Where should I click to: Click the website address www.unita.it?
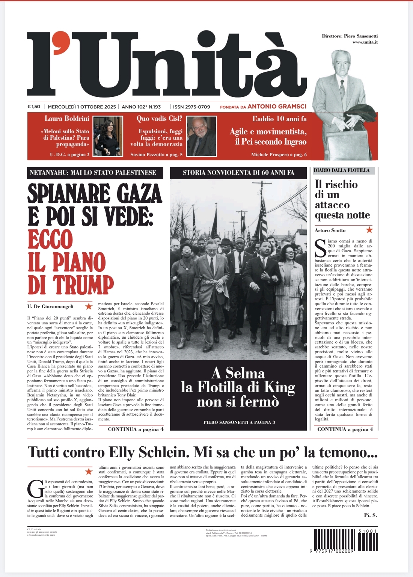pyautogui.click(x=365, y=42)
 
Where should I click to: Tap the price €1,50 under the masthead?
pyautogui.click(x=34, y=107)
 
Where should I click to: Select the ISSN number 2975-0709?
pyautogui.click(x=191, y=107)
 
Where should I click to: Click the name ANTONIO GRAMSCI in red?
pyautogui.click(x=277, y=107)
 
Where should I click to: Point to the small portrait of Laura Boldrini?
pyautogui.click(x=108, y=136)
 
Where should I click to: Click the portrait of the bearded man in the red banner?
pyautogui.click(x=202, y=136)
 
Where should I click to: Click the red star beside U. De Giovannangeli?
pyautogui.click(x=89, y=306)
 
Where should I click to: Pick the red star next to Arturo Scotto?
pyautogui.click(x=369, y=230)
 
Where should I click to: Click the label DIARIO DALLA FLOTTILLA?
pyautogui.click(x=342, y=170)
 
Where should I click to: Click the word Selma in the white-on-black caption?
pyautogui.click(x=245, y=373)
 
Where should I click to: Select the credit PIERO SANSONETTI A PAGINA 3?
pyautogui.click(x=239, y=422)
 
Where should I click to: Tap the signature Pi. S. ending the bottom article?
pyautogui.click(x=370, y=515)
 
